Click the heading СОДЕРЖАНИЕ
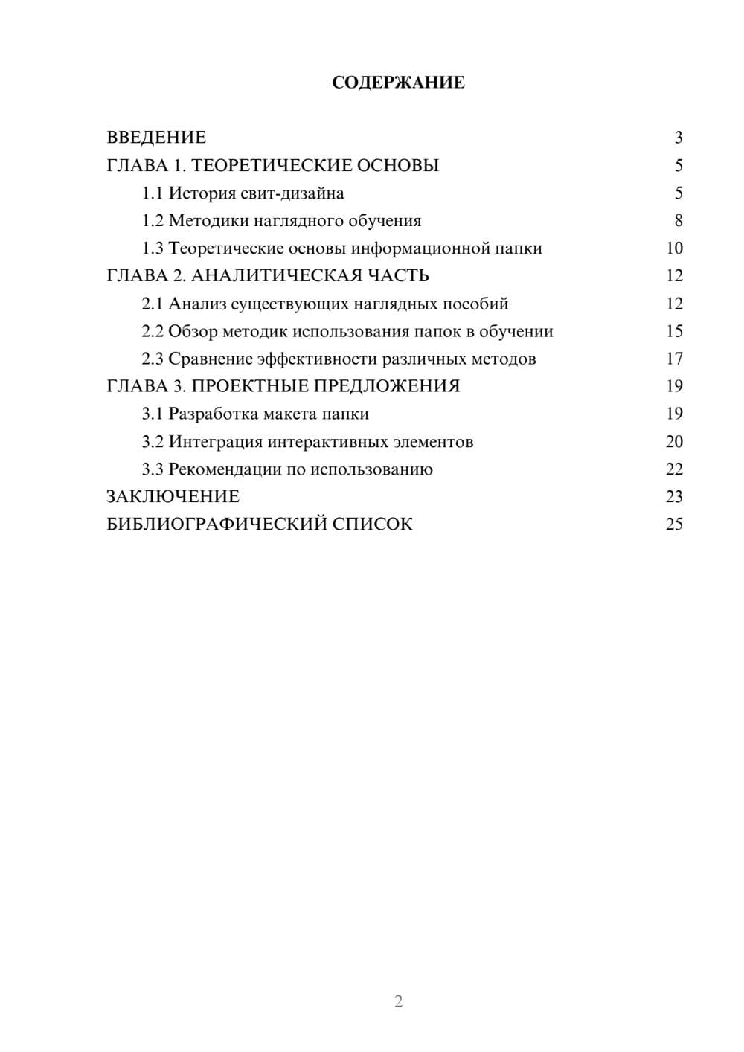click(398, 83)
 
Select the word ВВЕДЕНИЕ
click(156, 138)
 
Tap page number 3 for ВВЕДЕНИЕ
click(678, 138)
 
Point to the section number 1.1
click(152, 193)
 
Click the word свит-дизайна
click(292, 193)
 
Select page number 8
click(678, 221)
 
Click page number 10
click(674, 248)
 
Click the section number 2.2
click(152, 332)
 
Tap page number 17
click(674, 359)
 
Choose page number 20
click(674, 442)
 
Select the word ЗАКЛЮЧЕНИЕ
click(173, 497)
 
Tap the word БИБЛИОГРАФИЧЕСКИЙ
click(217, 525)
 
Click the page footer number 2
click(398, 1001)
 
